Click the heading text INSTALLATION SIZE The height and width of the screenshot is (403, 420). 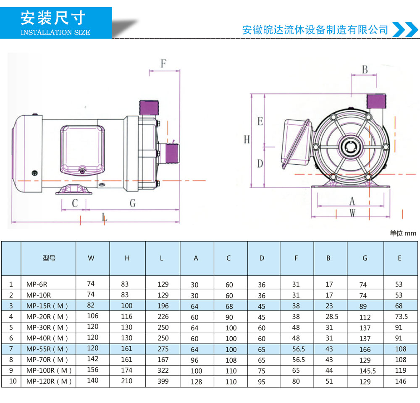pyautogui.click(x=55, y=32)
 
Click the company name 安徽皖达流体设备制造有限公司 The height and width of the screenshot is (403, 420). pyautogui.click(x=315, y=30)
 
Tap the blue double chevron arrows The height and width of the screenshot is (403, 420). pyautogui.click(x=404, y=29)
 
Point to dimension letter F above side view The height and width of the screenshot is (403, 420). pyautogui.click(x=164, y=64)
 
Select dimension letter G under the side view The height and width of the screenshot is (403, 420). pyautogui.click(x=133, y=203)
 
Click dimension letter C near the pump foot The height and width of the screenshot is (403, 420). pyautogui.click(x=75, y=203)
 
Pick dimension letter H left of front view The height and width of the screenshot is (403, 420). pyautogui.click(x=247, y=140)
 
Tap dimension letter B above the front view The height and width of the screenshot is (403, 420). pyautogui.click(x=365, y=69)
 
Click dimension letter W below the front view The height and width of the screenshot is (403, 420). pyautogui.click(x=352, y=213)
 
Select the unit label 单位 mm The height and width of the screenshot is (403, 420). pyautogui.click(x=402, y=234)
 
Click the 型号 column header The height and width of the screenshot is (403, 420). pyautogui.click(x=49, y=258)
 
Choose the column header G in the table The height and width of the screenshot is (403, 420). pyautogui.click(x=365, y=258)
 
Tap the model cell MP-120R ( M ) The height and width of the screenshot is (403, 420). pyautogui.click(x=49, y=382)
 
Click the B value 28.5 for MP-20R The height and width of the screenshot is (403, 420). pyautogui.click(x=331, y=316)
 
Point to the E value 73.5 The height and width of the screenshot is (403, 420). pyautogui.click(x=402, y=316)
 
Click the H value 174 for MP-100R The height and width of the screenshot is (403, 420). pyautogui.click(x=126, y=370)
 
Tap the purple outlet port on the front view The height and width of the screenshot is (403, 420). pyautogui.click(x=375, y=101)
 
